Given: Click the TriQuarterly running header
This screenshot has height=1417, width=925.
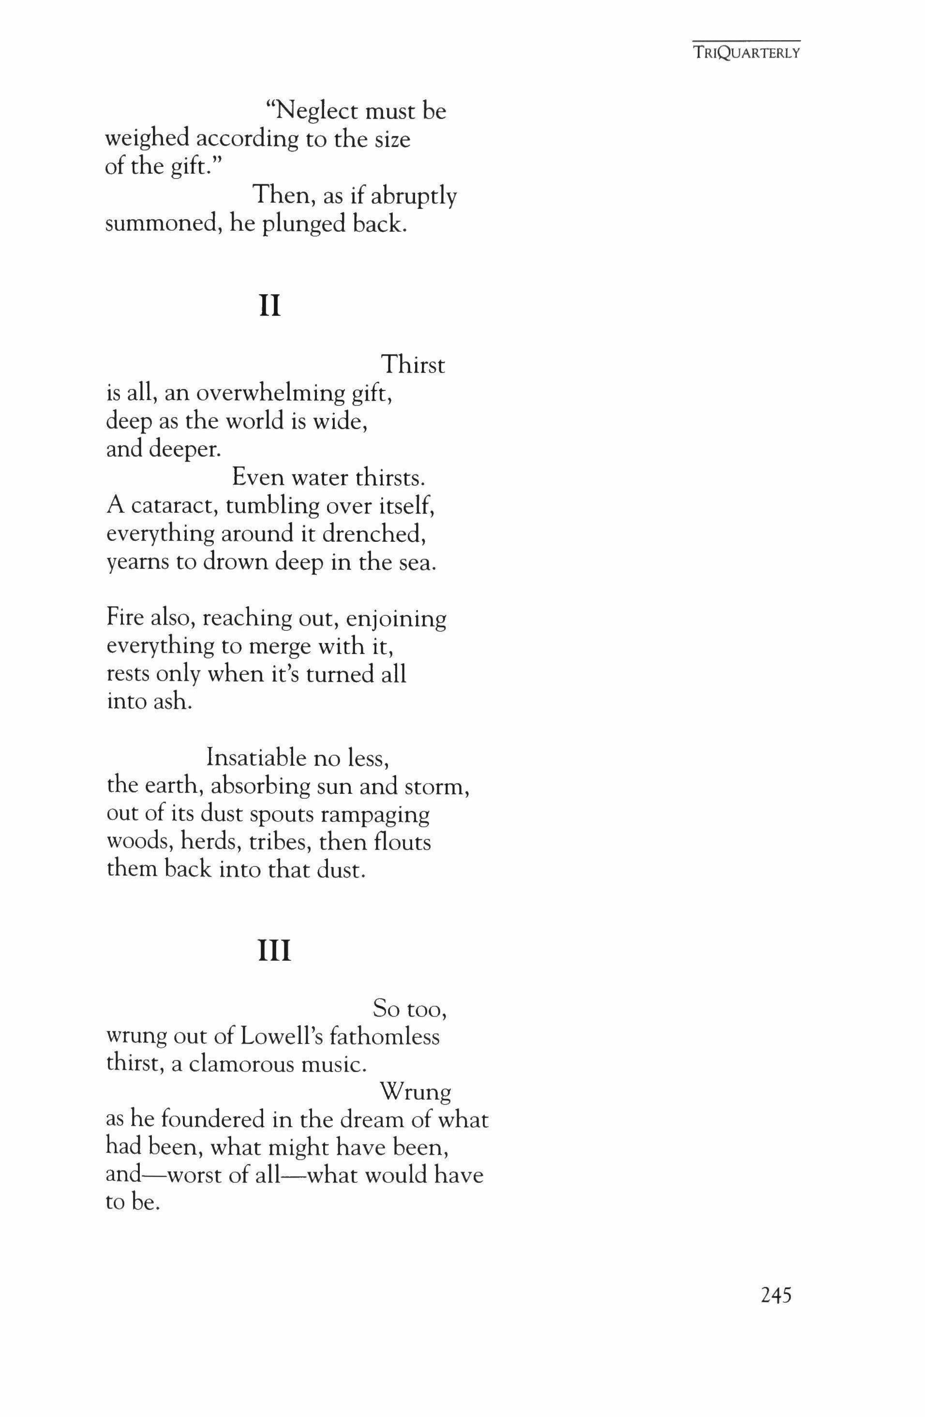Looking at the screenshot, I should pos(746,52).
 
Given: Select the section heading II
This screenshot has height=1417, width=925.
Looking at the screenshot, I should pos(270,306).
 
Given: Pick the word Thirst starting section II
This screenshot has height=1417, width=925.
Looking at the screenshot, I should pos(413,364).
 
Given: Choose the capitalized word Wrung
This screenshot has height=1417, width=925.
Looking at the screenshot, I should pos(415,1092).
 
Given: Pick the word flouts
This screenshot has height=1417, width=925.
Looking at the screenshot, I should pos(403,842).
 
